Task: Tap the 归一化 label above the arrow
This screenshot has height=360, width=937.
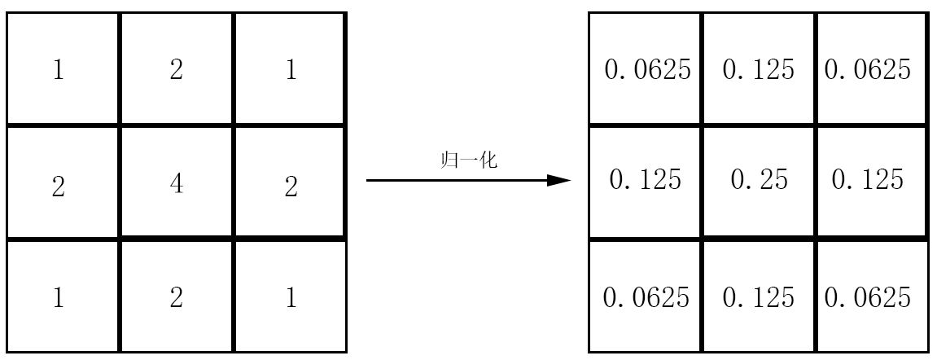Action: [468, 160]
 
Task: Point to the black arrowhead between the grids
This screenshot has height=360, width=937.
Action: [558, 180]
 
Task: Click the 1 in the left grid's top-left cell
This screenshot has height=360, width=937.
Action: [58, 71]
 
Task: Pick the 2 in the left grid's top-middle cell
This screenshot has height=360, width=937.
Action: [177, 71]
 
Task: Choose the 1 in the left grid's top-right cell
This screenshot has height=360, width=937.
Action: [291, 71]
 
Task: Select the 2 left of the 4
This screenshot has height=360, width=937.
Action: [58, 187]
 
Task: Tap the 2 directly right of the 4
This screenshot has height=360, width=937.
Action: [291, 187]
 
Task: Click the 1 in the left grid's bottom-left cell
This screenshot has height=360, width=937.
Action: [58, 297]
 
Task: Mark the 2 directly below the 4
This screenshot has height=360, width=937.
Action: [177, 297]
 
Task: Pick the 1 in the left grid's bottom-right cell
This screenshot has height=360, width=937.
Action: [291, 297]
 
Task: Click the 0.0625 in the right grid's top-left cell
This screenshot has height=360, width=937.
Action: [647, 70]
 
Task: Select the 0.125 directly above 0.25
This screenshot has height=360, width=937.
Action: [759, 70]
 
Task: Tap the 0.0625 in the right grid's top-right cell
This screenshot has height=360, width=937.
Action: [868, 70]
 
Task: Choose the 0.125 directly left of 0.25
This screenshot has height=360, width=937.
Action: [645, 179]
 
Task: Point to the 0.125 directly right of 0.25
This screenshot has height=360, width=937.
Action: [868, 179]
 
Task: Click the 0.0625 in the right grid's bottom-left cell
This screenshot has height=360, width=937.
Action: [646, 297]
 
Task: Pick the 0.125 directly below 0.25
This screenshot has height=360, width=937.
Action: [759, 297]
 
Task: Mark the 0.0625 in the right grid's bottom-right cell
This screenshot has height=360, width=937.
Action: [868, 297]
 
